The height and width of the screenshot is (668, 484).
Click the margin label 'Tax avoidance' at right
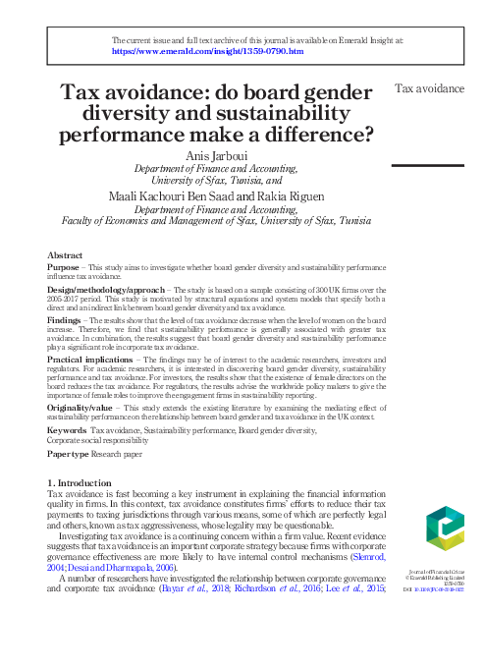pyautogui.click(x=429, y=88)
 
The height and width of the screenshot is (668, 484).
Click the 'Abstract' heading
pyautogui.click(x=66, y=254)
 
